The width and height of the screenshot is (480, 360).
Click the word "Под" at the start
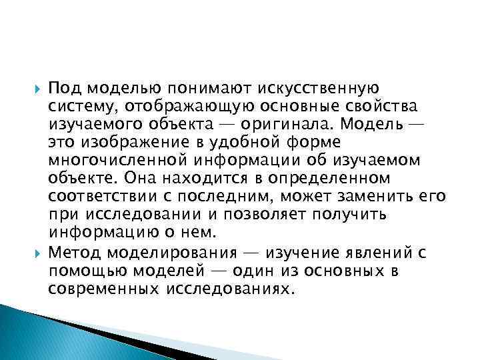tap(65, 88)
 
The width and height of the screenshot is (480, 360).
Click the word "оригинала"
tap(315, 124)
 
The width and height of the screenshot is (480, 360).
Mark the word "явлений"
tap(376, 254)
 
